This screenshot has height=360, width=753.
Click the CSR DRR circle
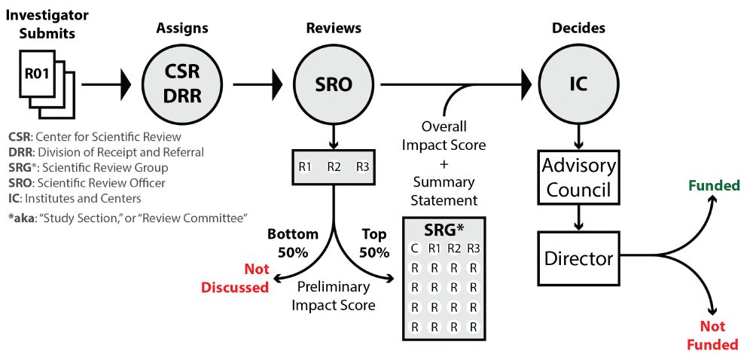tap(181, 85)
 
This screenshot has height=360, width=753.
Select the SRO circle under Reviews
tap(334, 85)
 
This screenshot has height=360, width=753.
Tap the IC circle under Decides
tap(578, 85)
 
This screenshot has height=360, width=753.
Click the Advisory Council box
tap(578, 177)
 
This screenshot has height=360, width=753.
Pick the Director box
tap(578, 259)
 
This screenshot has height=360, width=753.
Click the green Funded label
tap(715, 185)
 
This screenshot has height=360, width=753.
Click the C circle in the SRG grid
tap(414, 249)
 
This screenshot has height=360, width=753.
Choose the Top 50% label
tap(374, 243)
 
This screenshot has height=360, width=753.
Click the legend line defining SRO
tap(87, 182)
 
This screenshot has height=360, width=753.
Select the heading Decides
tap(578, 29)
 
